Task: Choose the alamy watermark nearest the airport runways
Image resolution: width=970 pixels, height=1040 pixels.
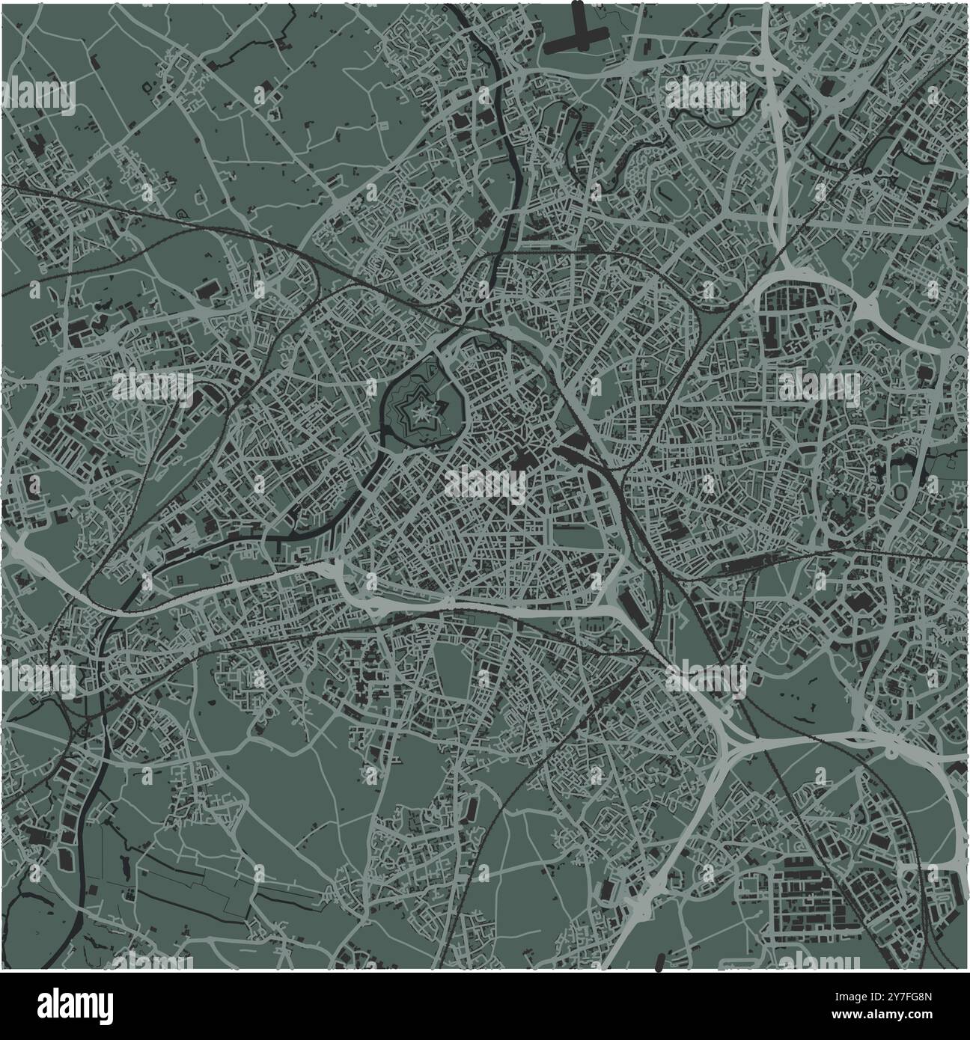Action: coord(706,95)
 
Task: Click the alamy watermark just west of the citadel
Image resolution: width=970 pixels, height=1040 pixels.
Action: coord(153,386)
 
